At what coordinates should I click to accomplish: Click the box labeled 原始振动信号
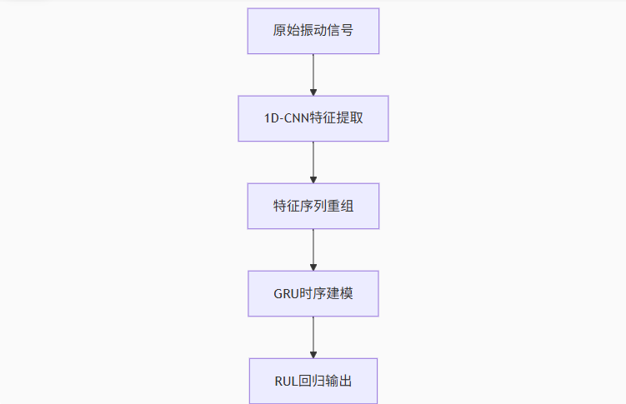[x=313, y=31]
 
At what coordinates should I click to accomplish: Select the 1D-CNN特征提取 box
[x=313, y=118]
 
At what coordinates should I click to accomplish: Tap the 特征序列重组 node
[x=313, y=206]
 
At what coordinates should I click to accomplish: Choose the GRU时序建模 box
[x=313, y=293]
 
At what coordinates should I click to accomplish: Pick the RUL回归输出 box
[x=313, y=381]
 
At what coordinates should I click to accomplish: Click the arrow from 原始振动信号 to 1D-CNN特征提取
[x=313, y=74]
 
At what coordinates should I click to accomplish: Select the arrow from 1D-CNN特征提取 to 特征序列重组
[x=313, y=162]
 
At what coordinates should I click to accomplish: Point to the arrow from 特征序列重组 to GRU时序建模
[x=313, y=249]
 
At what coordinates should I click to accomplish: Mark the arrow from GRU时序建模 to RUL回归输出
[x=313, y=337]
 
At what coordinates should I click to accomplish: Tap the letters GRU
[x=286, y=293]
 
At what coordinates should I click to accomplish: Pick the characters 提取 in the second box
[x=349, y=118]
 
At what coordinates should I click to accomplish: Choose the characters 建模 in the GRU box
[x=339, y=293]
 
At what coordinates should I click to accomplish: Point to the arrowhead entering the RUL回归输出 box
[x=313, y=353]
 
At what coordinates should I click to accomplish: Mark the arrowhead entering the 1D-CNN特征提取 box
[x=313, y=91]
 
